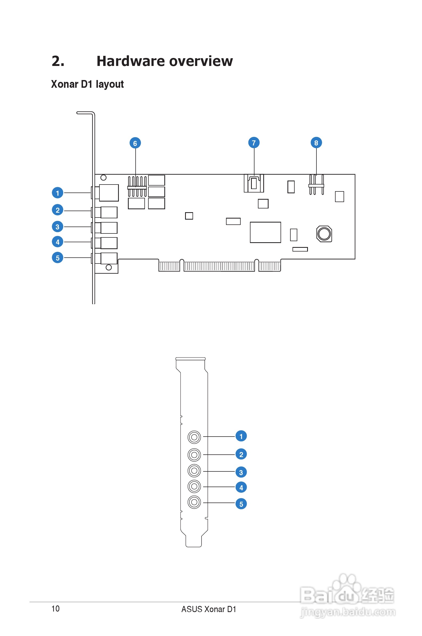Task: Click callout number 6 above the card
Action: point(135,143)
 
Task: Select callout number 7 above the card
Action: point(254,143)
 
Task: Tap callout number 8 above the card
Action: point(316,143)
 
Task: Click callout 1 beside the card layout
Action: point(57,193)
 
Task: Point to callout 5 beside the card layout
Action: point(57,258)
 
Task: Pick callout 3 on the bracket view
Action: point(241,472)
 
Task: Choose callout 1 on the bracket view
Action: point(241,436)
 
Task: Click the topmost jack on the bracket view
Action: point(194,437)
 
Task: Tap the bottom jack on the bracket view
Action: point(194,502)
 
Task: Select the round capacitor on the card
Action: point(324,233)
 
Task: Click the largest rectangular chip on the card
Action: point(265,232)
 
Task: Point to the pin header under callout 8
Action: point(316,185)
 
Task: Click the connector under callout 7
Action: point(254,183)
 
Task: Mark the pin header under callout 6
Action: point(137,187)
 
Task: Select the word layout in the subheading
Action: point(110,85)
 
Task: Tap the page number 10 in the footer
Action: point(55,609)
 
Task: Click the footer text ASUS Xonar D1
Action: point(208,609)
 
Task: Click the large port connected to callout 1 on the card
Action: point(108,193)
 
